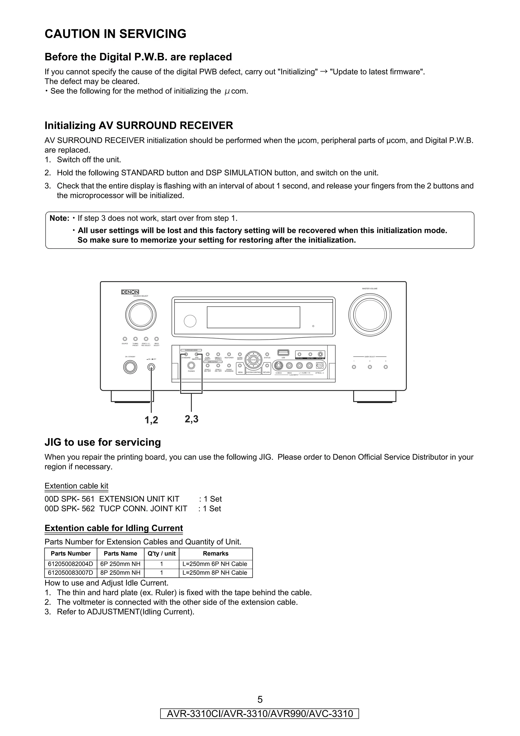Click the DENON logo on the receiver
pyautogui.click(x=130, y=292)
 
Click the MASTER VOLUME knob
pyautogui.click(x=370, y=314)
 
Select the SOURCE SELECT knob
pyautogui.click(x=141, y=314)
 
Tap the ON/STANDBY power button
pyautogui.click(x=130, y=367)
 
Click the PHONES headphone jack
pyautogui.click(x=191, y=365)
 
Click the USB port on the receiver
pyautogui.click(x=283, y=353)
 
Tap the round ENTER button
pyautogui.click(x=253, y=360)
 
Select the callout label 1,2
pyautogui.click(x=151, y=420)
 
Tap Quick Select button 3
pyautogui.click(x=386, y=367)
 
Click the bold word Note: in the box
pyautogui.click(x=59, y=218)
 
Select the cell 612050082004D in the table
pyautogui.click(x=71, y=564)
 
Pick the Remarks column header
pyautogui.click(x=216, y=554)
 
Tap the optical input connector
pyautogui.click(x=319, y=365)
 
